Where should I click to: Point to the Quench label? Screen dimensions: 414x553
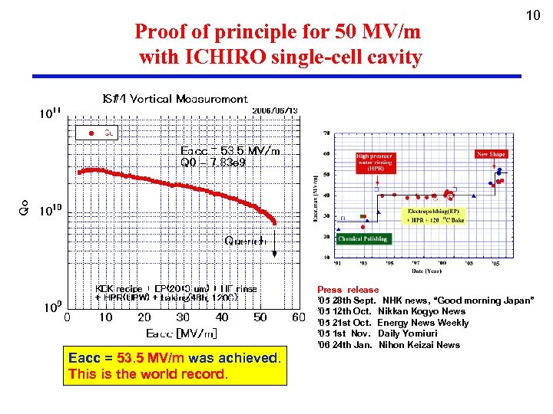coord(245,241)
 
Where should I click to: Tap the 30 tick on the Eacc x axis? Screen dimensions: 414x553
coord(183,317)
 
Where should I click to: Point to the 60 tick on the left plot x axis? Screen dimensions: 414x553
coord(300,317)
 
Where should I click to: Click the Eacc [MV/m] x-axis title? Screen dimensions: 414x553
coord(181,333)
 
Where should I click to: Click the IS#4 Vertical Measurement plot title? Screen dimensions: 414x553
coord(175,99)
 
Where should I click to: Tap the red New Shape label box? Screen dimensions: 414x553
coord(492,154)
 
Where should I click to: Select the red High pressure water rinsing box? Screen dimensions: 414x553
coord(375,162)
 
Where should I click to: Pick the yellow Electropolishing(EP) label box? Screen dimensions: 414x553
coord(434,215)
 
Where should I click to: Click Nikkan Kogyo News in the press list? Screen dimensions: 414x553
coord(422,311)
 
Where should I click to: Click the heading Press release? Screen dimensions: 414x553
coord(347,290)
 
